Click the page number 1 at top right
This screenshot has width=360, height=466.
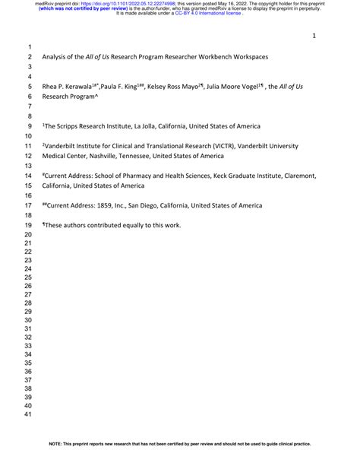click(314, 36)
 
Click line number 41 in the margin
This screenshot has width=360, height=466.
click(28, 415)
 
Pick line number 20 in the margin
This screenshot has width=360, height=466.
click(28, 235)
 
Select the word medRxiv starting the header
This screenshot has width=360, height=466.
click(46, 4)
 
